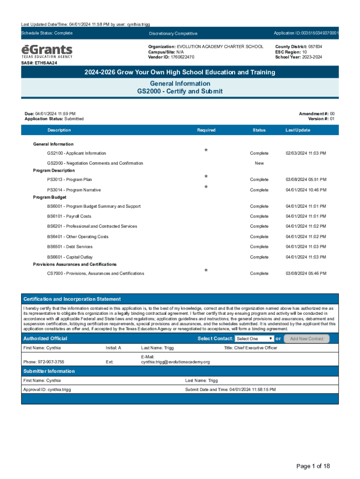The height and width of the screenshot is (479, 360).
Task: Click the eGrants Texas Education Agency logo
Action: [x=47, y=51]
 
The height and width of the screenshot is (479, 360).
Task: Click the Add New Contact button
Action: [x=306, y=339]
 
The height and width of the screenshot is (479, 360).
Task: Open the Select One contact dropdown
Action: [x=254, y=339]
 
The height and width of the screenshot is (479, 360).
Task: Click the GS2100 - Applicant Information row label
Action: [x=76, y=153]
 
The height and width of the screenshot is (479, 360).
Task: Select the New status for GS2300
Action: [x=259, y=163]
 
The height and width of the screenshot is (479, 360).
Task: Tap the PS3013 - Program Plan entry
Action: [x=69, y=180]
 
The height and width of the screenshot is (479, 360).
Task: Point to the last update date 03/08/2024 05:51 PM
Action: [x=306, y=180]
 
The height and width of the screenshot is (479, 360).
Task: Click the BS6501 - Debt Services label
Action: [x=70, y=247]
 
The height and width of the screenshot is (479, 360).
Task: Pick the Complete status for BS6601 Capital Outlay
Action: [x=259, y=257]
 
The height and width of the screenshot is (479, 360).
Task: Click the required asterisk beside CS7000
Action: [x=206, y=271]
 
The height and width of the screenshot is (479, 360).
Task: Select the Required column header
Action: [x=206, y=130]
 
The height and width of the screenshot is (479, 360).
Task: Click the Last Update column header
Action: [x=297, y=130]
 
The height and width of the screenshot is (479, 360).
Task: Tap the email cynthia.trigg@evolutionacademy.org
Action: [x=175, y=362]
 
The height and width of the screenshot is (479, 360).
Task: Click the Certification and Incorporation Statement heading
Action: [x=72, y=299]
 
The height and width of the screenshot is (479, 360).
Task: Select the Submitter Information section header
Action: [x=49, y=371]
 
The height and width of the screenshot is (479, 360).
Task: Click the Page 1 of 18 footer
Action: [x=313, y=466]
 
